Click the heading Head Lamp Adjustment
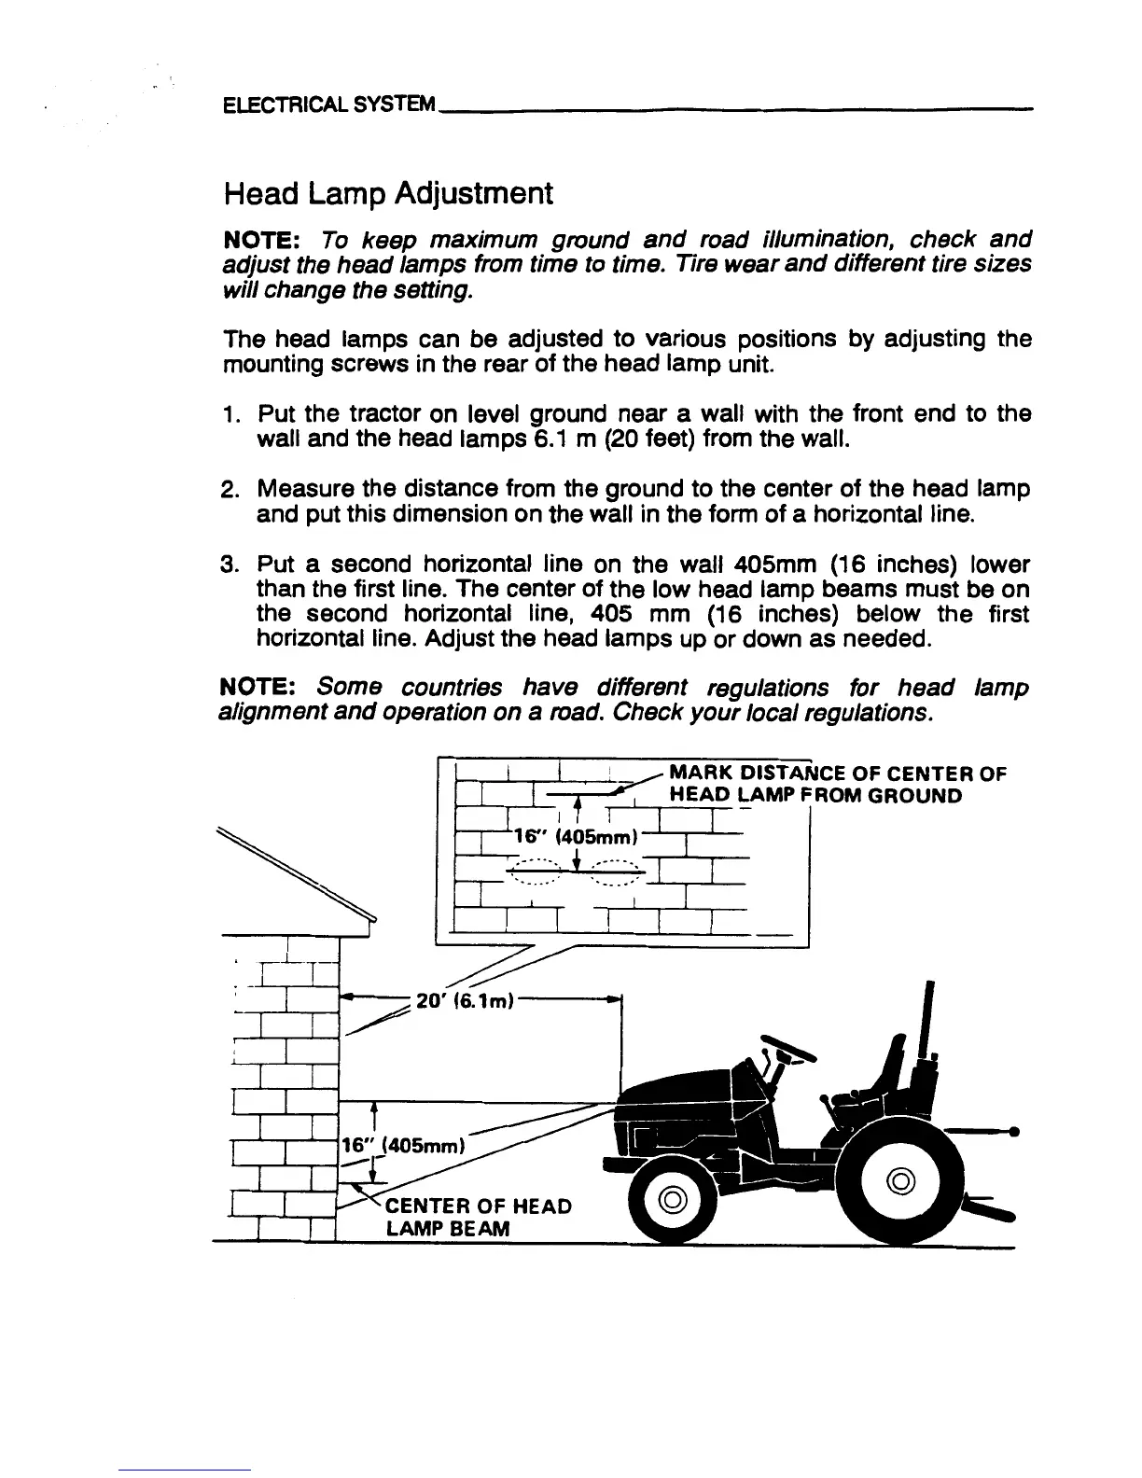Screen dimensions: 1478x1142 [x=388, y=194]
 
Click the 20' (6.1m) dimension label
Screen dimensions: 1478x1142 [x=465, y=1000]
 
